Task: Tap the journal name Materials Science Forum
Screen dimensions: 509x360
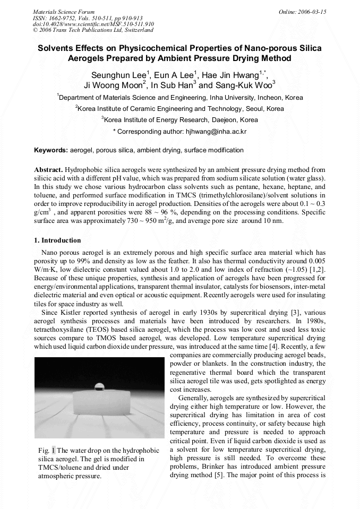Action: pos(64,12)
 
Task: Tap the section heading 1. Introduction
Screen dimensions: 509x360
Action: pos(57,240)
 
